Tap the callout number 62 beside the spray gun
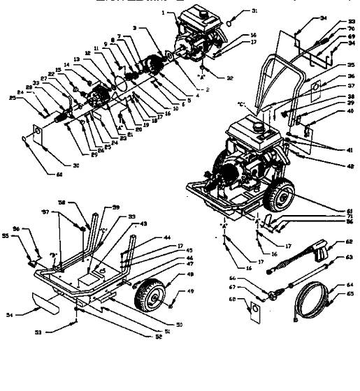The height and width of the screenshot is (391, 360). coord(347,242)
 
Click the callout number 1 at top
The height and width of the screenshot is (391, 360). coord(163,13)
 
